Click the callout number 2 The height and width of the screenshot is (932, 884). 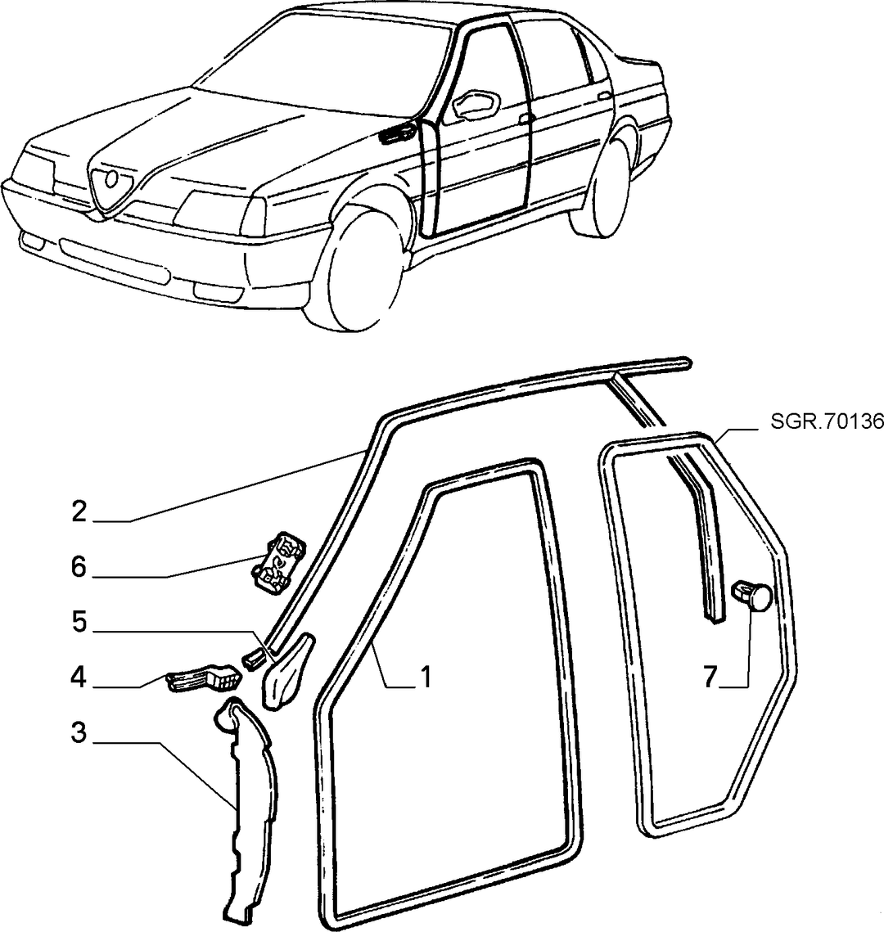[79, 511]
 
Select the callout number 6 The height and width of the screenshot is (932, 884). [79, 567]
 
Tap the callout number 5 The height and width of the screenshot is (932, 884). [79, 622]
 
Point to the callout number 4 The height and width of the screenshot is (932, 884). [79, 677]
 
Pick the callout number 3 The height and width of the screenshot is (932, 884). [79, 732]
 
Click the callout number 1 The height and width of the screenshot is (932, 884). [426, 677]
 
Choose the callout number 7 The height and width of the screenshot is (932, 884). [711, 677]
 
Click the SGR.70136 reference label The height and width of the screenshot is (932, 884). [827, 422]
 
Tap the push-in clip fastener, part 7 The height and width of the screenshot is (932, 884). [752, 596]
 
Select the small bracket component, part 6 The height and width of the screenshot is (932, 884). [277, 562]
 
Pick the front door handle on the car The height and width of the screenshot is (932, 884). [525, 119]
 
